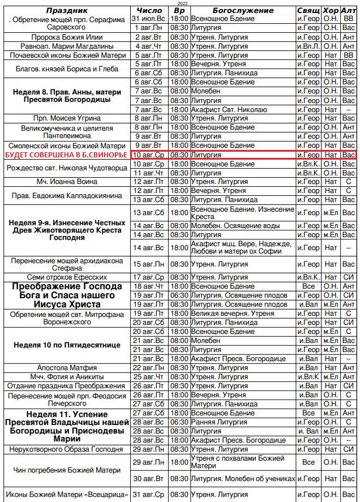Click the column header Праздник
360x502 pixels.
66,10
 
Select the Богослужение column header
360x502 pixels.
243,10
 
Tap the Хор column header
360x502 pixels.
331,10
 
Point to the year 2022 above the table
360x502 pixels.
179,3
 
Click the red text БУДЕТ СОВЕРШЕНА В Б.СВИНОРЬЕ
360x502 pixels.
66,155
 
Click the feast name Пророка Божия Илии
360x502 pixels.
66,37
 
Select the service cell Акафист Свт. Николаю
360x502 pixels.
228,109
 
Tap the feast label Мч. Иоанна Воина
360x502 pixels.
66,182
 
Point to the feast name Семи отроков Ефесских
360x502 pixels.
66,277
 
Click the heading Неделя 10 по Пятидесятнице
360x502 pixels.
66,345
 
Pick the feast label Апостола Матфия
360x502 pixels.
66,368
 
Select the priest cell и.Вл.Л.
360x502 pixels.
308,46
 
